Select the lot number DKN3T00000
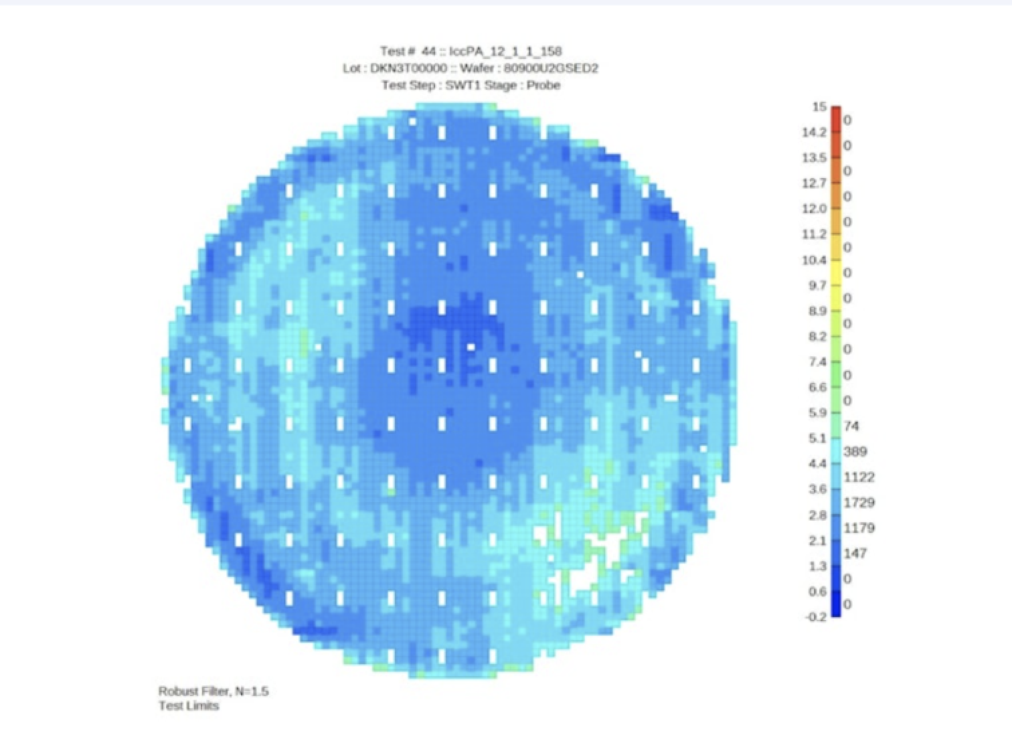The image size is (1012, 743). point(408,68)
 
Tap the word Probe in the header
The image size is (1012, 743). point(543,85)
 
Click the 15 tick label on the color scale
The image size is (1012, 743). point(819,106)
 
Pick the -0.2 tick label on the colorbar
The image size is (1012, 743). point(815,616)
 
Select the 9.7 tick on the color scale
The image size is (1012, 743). point(817,285)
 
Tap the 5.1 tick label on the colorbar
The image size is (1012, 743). point(817,438)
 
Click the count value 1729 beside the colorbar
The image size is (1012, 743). point(859,502)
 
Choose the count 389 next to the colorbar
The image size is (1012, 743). point(855,451)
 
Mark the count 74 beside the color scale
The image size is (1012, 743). point(851,426)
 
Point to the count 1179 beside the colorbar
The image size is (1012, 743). point(859,527)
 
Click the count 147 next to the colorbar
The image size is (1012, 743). point(855,553)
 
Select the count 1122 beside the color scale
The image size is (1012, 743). point(859,477)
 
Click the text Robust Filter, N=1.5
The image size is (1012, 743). point(214,691)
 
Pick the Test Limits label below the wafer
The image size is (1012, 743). point(189,706)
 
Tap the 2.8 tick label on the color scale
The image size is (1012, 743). point(817,515)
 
